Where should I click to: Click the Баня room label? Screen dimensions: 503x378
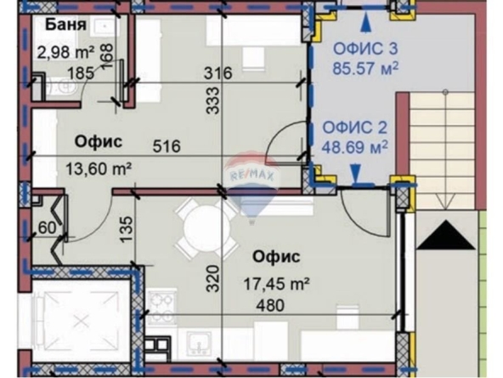point(65,25)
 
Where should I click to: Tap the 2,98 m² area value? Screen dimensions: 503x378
point(65,52)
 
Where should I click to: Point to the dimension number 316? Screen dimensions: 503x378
point(218,73)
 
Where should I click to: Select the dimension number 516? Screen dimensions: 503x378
point(167,146)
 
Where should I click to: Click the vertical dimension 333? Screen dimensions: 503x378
point(212,100)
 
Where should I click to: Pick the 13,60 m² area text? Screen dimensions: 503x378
point(99,169)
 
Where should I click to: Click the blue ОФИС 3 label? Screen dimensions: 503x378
point(365,49)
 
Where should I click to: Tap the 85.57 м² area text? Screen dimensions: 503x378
point(365,68)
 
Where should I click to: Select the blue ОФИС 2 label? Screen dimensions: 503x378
point(355,128)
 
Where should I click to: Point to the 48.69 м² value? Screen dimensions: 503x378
point(355,147)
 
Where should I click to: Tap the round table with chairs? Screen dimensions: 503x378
point(207,229)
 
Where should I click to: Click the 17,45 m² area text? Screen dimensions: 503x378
point(276,283)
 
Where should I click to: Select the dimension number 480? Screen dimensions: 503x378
point(270,305)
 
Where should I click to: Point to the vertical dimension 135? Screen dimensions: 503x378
point(127,229)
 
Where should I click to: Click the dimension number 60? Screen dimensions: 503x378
point(47,228)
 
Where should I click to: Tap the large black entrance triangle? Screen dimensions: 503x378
point(447,235)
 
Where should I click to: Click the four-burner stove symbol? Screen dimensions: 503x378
point(161,306)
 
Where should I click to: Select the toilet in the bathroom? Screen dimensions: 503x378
point(64,87)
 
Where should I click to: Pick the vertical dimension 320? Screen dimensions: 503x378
point(212,278)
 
